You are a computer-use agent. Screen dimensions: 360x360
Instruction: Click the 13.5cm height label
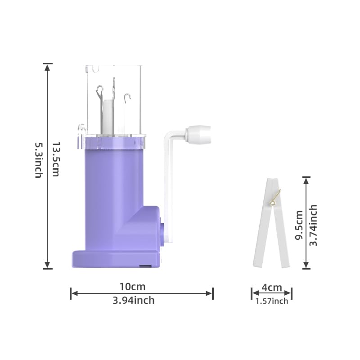coord(55,159)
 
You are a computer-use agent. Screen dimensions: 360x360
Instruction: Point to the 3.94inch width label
coord(134,300)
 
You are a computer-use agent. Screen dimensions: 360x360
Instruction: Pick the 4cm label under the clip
coord(271,288)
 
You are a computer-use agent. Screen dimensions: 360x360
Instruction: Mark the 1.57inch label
coord(271,301)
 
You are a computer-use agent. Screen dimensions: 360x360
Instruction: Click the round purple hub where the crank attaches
coord(161,227)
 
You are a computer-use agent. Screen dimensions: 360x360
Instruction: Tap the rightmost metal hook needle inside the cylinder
coord(128,98)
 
